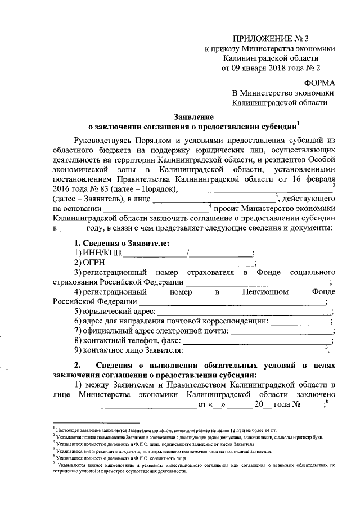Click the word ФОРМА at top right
tap(316, 82)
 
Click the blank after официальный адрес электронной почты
tap(281, 331)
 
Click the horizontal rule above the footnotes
tap(95, 422)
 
